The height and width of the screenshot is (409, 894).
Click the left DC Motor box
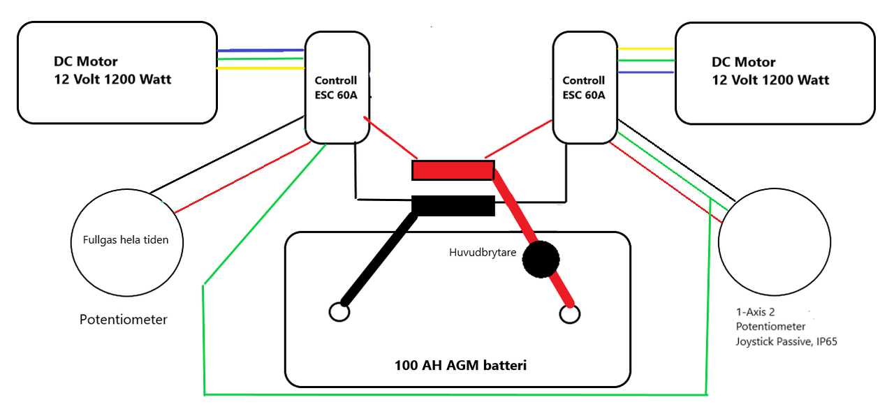pos(117,73)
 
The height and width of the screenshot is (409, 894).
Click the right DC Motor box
pos(775,73)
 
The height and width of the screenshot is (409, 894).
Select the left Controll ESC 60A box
pos(337,88)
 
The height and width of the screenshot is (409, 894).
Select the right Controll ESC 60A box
pos(584,88)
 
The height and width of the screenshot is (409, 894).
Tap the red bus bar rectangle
pos(453,170)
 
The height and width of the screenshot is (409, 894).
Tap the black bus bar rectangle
pos(453,206)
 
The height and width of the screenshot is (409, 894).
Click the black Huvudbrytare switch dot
pos(542,260)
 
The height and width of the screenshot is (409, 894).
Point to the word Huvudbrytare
pos(482,253)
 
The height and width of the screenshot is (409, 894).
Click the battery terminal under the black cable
pos(339,312)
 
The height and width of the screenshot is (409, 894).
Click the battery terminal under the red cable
pos(570,315)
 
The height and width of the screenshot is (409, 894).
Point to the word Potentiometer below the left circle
pos(124,320)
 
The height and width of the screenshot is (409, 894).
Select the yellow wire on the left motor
pos(261,68)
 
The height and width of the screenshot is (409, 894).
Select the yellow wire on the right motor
pos(646,49)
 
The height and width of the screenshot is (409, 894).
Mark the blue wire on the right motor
pos(646,71)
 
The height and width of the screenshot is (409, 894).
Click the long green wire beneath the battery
pos(454,393)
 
